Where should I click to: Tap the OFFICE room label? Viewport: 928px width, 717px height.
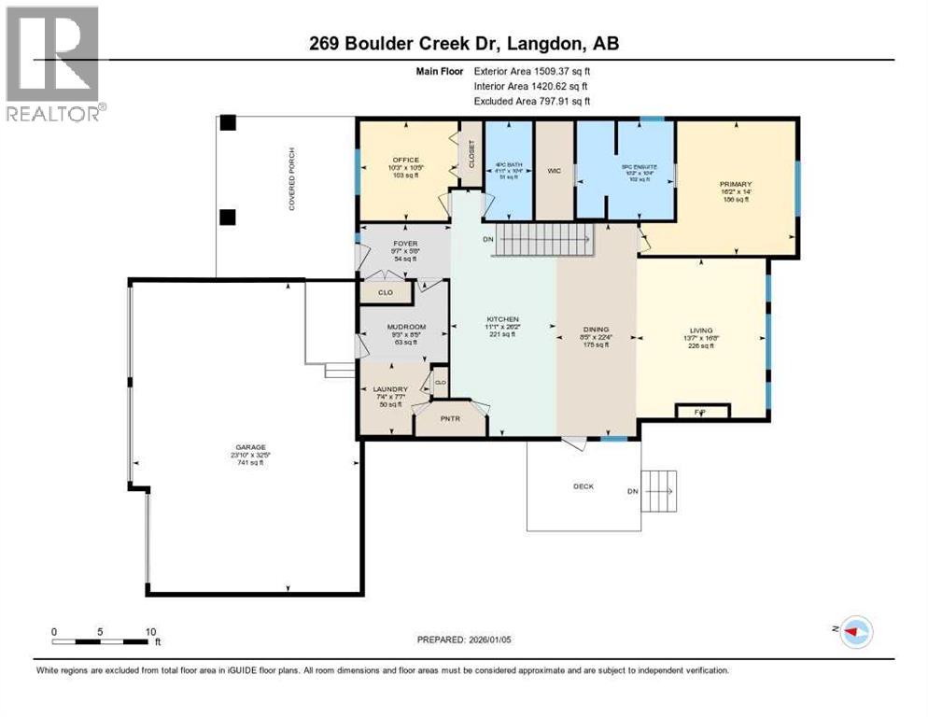click(405, 160)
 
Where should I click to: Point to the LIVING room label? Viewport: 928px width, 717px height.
click(700, 330)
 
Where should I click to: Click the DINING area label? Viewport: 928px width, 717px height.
click(596, 330)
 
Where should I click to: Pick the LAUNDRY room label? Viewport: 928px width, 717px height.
click(388, 389)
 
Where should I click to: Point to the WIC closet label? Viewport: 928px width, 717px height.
click(553, 171)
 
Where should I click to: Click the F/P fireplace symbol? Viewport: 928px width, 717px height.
click(701, 410)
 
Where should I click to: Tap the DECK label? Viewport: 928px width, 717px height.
click(584, 486)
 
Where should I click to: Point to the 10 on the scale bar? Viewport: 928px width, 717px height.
click(150, 631)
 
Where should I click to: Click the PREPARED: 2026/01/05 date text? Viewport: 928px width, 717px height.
click(465, 640)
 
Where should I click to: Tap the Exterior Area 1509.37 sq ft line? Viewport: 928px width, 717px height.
click(532, 70)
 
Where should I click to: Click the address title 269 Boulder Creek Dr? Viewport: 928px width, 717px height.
click(464, 43)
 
